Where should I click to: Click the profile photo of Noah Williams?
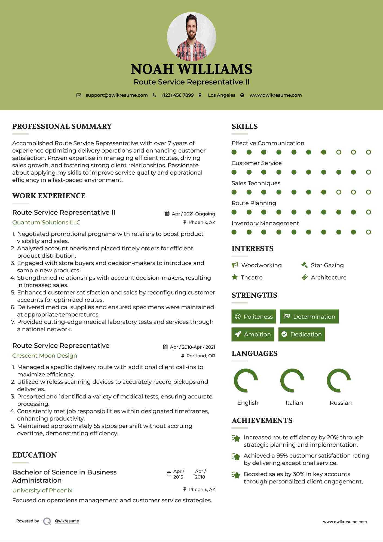191,36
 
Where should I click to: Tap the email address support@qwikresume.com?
117,95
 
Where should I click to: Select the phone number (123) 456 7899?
178,95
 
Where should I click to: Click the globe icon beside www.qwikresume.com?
242,95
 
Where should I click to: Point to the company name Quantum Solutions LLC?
46,222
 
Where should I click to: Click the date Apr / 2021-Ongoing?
193,214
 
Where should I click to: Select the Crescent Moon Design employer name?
45,355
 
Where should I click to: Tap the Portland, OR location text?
201,356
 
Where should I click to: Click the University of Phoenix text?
42,490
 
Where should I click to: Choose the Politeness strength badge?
254,316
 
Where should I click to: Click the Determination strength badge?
309,316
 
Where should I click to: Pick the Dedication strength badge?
302,334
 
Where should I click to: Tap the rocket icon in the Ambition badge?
238,334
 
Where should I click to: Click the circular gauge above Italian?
292,380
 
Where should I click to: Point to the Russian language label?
341,403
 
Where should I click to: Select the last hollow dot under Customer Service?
368,172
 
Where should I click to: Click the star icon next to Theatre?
235,277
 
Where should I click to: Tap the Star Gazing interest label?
327,265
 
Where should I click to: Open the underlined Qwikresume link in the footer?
67,521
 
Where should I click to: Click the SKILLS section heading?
244,126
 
